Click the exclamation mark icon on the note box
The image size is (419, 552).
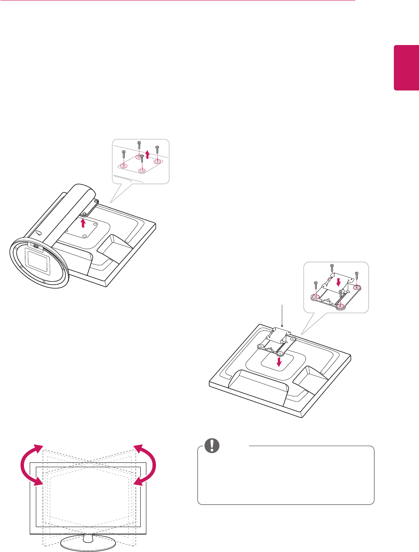212,445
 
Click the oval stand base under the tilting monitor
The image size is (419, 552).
87,543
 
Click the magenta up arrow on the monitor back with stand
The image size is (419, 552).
83,223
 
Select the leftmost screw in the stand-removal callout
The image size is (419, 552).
124,154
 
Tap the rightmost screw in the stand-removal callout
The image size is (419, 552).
157,150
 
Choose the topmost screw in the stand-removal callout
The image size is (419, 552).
139,144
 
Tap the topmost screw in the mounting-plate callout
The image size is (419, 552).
332,267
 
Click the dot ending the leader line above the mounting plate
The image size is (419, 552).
283,326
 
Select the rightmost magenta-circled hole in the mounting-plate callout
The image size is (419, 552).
357,287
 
